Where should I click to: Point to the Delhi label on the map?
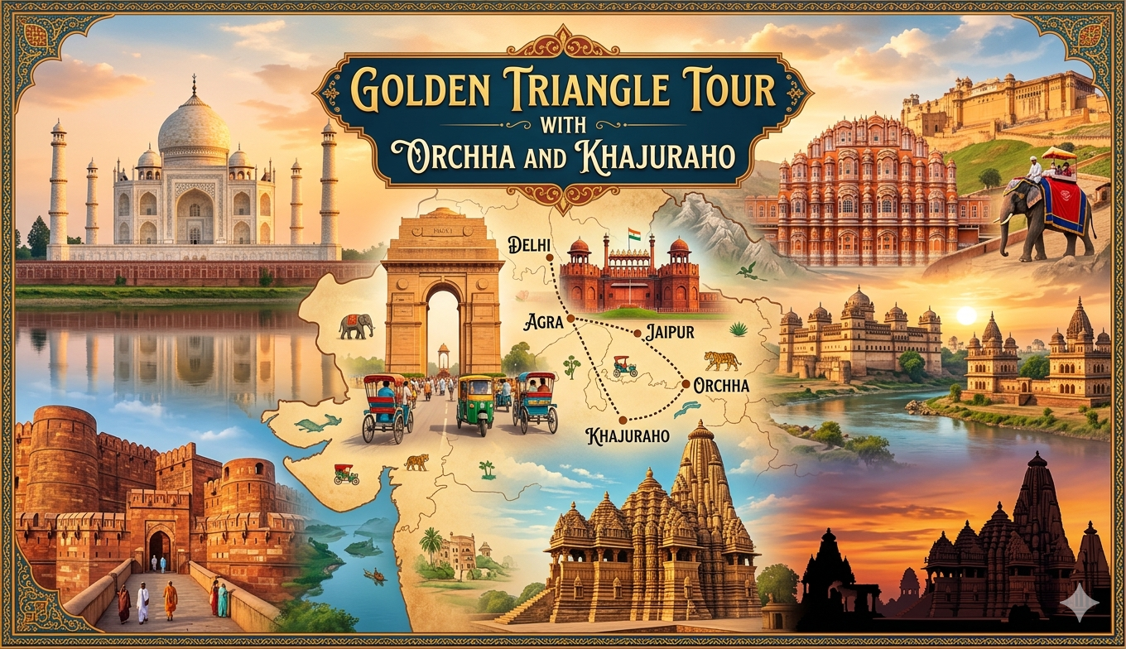pyautogui.click(x=523, y=246)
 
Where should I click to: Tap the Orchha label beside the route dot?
pyautogui.click(x=721, y=386)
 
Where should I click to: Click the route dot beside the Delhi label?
pyautogui.click(x=550, y=257)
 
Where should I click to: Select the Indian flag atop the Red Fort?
pyautogui.click(x=634, y=233)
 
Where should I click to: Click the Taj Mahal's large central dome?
pyautogui.click(x=194, y=124)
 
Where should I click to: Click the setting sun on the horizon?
pyautogui.click(x=966, y=315)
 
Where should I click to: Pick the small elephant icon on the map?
pyautogui.click(x=355, y=326)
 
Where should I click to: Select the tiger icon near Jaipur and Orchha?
pyautogui.click(x=722, y=360)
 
